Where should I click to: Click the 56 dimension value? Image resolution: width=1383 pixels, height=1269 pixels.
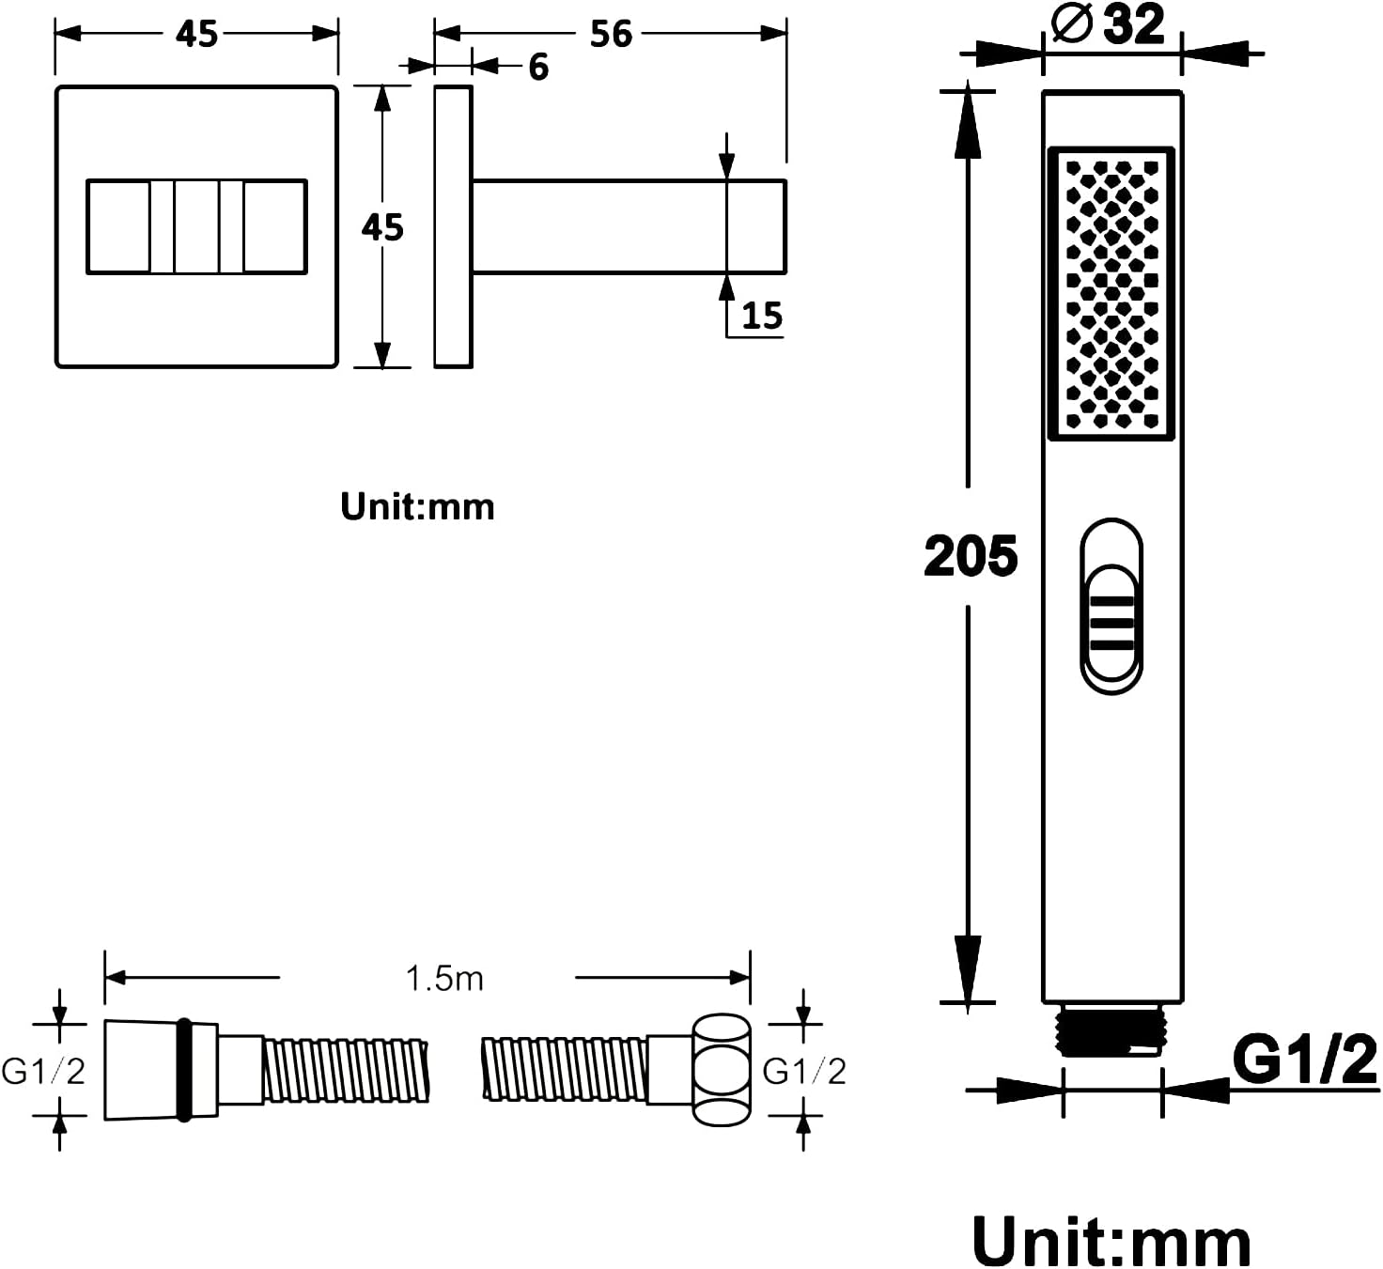click(611, 34)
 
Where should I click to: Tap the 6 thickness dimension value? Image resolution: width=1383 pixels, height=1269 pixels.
click(538, 67)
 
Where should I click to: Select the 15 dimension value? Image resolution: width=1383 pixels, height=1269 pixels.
click(762, 316)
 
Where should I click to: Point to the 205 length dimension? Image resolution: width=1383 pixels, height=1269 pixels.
click(971, 555)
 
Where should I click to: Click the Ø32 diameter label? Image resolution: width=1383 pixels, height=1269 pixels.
click(1108, 24)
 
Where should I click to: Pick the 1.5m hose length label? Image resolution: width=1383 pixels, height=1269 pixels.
click(444, 978)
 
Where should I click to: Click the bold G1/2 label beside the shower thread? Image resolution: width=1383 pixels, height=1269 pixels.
click(1304, 1060)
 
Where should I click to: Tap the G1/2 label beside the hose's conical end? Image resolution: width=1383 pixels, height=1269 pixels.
click(43, 1071)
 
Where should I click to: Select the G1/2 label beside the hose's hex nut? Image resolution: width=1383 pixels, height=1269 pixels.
click(804, 1071)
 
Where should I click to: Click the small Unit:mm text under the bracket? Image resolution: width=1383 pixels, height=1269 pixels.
click(418, 506)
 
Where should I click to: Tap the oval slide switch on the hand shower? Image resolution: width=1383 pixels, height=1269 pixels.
click(1111, 607)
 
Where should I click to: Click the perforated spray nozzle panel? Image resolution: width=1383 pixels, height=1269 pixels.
click(1111, 294)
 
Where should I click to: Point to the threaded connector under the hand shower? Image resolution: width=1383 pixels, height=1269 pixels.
click(1112, 1029)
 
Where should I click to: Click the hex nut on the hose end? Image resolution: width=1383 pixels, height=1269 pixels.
click(722, 1070)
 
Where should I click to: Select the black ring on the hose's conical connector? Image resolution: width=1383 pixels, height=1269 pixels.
click(184, 1070)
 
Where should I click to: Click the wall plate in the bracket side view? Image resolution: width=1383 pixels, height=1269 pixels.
click(453, 226)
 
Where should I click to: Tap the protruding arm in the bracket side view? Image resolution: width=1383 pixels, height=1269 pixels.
click(629, 226)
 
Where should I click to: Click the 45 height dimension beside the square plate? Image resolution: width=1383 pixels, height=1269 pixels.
click(382, 226)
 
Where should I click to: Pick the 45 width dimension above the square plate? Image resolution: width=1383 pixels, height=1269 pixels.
click(196, 34)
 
